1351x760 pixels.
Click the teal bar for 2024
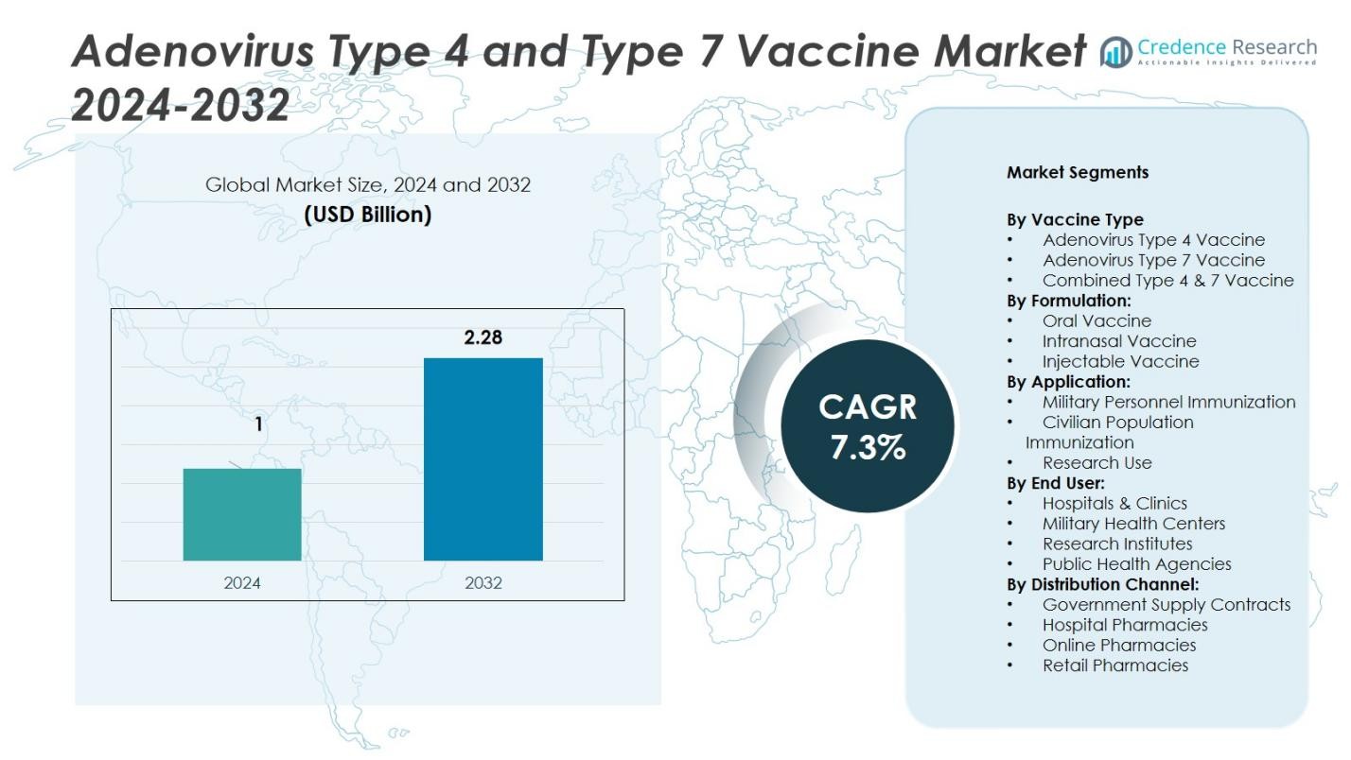click(242, 514)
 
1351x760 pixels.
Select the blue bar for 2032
click(482, 458)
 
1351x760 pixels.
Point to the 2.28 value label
click(482, 337)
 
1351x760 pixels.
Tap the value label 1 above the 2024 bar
click(258, 425)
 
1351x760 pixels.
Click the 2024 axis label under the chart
click(242, 582)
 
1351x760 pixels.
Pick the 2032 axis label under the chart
click(482, 582)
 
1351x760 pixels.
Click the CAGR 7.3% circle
click(868, 425)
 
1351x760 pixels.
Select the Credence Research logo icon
click(1116, 52)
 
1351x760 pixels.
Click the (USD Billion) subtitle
click(367, 215)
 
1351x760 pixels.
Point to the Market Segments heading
click(1078, 172)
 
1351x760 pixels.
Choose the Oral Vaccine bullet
click(1097, 320)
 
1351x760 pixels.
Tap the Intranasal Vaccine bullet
click(1119, 341)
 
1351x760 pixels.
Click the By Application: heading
click(1068, 382)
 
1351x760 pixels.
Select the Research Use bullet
click(1097, 462)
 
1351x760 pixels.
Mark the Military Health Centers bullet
click(1133, 524)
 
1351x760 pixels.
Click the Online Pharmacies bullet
click(1119, 645)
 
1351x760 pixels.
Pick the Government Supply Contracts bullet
click(1167, 604)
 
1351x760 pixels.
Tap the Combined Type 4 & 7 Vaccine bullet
click(1167, 281)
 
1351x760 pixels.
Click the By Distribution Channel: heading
click(1102, 584)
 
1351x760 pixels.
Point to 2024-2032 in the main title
click(180, 104)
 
